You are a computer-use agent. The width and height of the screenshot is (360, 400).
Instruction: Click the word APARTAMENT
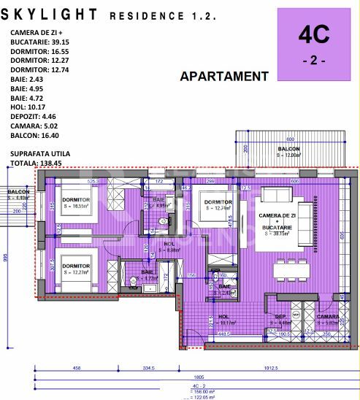[224, 76]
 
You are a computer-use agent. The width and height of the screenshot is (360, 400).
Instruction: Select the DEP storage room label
[280, 319]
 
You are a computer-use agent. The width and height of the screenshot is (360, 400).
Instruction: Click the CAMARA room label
[327, 319]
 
